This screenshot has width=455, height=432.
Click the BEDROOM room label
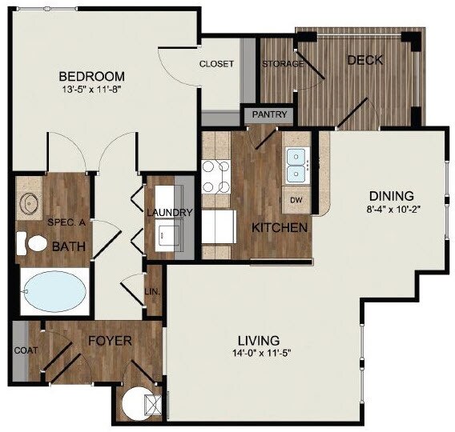[x=91, y=77]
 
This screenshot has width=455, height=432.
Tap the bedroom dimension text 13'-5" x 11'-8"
[x=91, y=90]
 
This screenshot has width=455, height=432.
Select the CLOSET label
[x=216, y=64]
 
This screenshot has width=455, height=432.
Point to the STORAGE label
[x=283, y=64]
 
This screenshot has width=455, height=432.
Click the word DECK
[x=365, y=60]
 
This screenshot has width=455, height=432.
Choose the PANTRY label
[x=270, y=114]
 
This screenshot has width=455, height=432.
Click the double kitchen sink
[x=296, y=166]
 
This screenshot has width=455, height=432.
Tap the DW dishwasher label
[x=296, y=200]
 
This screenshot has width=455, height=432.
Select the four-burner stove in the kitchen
[x=216, y=177]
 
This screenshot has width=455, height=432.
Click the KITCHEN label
[x=280, y=228]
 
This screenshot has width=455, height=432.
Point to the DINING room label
[x=392, y=196]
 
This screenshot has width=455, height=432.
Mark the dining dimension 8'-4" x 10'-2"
[x=393, y=209]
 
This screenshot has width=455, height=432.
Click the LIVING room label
[x=259, y=341]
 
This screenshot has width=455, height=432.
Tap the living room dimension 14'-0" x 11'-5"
[x=261, y=353]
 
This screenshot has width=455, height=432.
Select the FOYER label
[x=110, y=341]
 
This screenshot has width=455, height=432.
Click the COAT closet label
[x=26, y=350]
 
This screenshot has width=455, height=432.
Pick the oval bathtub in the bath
[x=54, y=291]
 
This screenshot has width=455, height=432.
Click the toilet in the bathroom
[x=32, y=244]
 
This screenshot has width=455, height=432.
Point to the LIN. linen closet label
[x=152, y=292]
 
